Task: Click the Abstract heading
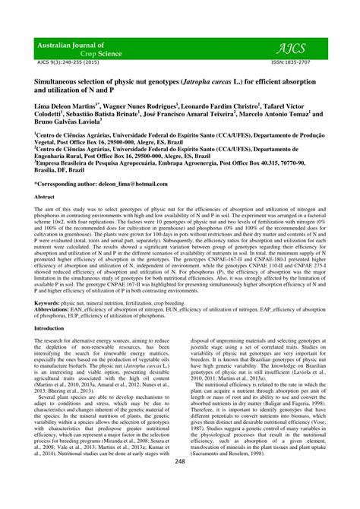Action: [46, 196]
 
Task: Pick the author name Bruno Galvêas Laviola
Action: [67, 120]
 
